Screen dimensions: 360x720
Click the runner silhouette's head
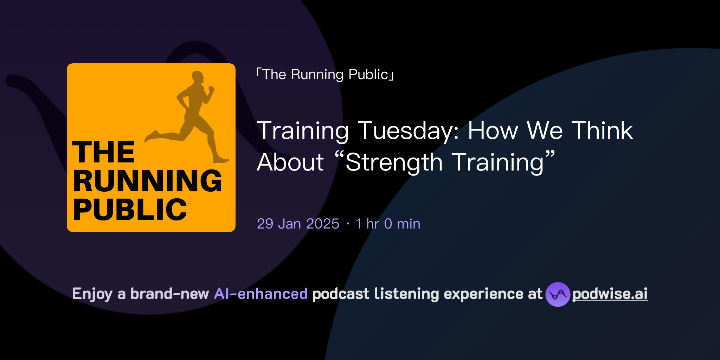point(198,77)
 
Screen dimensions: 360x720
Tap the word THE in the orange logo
point(103,152)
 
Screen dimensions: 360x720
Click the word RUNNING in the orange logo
point(148,181)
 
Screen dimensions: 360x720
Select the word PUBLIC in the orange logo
point(130,210)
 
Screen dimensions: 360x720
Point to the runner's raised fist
point(211,89)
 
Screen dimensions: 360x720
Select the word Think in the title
point(602,131)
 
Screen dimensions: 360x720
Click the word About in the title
point(290,162)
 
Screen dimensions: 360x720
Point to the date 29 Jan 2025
point(298,224)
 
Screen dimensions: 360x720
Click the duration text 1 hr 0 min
point(388,224)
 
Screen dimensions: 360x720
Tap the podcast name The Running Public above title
point(325,75)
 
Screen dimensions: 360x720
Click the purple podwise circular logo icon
point(558,294)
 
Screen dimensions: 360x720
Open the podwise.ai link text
point(610,294)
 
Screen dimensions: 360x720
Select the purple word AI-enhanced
point(261,294)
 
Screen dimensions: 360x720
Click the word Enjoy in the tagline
point(92,294)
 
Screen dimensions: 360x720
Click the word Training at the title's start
point(303,131)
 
